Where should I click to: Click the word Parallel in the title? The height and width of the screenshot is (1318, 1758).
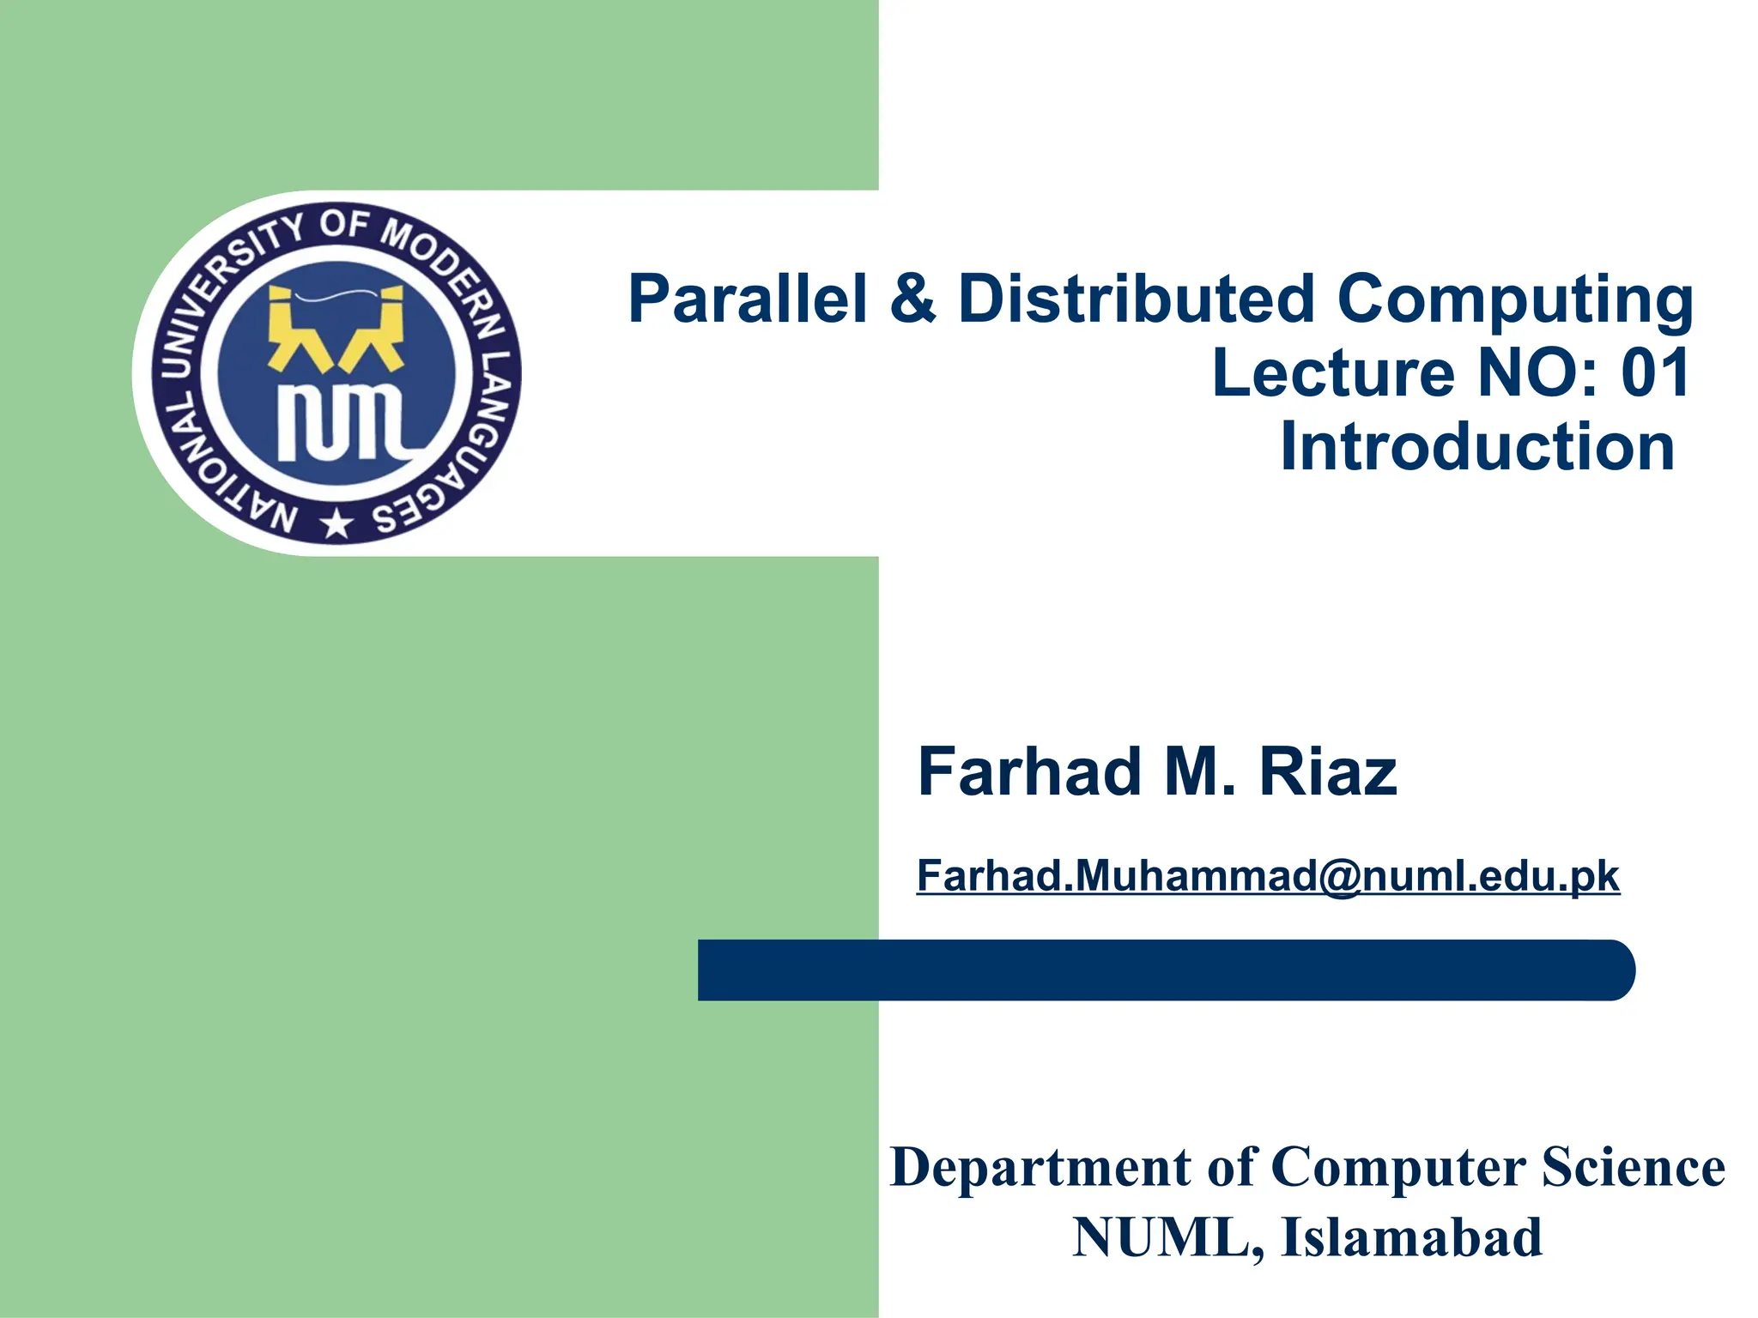747,299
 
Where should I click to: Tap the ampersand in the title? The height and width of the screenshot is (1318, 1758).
912,299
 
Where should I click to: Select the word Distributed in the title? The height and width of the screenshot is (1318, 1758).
1136,299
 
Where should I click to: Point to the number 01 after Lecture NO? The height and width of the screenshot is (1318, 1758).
1655,373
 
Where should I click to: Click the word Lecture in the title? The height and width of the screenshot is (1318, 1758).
1333,373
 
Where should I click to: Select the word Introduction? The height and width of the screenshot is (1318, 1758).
1476,447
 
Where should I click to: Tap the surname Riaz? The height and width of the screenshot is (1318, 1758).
1328,771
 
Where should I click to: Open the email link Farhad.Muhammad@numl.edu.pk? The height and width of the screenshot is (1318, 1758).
1268,876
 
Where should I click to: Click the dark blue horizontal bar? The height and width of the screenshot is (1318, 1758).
1166,970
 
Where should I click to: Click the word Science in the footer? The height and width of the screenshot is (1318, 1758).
1633,1168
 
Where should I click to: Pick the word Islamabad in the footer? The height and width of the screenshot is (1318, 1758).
1411,1238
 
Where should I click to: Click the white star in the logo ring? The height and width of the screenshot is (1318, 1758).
336,523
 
